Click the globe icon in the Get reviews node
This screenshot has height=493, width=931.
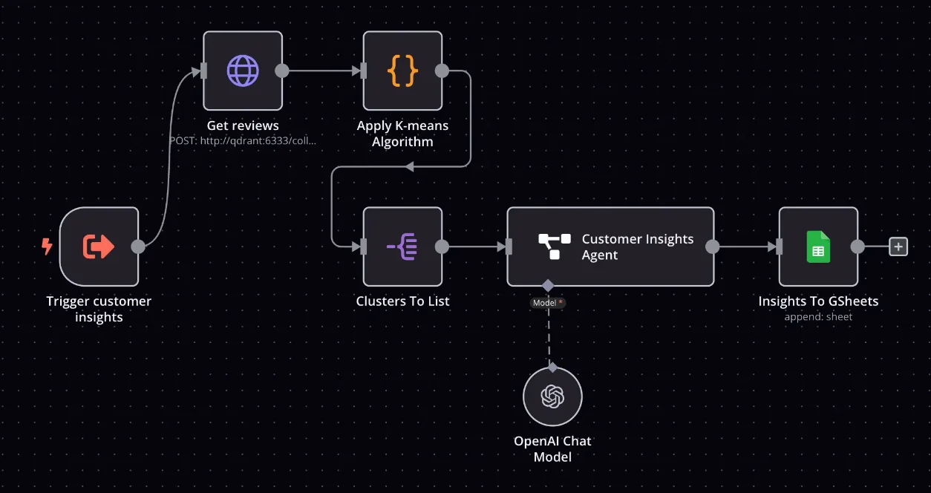[243, 71]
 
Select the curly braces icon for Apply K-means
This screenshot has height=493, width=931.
[402, 71]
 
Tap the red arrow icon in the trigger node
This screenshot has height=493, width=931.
[99, 246]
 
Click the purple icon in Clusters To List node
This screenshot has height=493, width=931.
[402, 246]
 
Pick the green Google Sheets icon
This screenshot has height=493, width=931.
[818, 246]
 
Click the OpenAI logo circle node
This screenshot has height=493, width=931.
[552, 396]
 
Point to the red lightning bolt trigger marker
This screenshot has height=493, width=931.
[47, 246]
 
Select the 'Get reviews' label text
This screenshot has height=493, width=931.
[243, 125]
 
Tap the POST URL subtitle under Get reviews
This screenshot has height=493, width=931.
[243, 140]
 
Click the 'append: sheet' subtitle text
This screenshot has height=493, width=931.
[818, 317]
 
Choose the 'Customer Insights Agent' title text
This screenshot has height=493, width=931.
[638, 246]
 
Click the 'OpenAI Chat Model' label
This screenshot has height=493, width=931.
[552, 448]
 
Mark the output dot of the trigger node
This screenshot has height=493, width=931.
[138, 246]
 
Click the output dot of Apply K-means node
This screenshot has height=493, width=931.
[442, 71]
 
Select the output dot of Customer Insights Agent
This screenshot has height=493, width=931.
[713, 246]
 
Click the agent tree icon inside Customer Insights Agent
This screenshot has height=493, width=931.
[554, 246]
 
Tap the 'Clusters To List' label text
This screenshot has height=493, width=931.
[402, 301]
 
